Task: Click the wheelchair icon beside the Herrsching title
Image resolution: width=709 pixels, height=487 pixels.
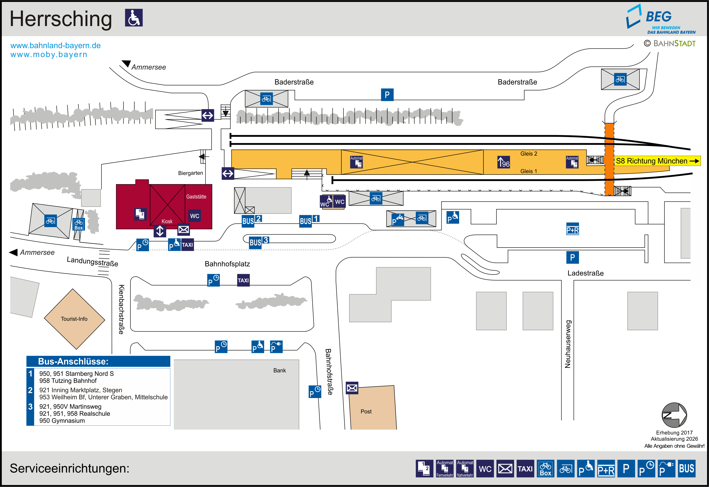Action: tap(134, 18)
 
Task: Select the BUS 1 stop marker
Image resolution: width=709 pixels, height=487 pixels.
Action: tap(309, 220)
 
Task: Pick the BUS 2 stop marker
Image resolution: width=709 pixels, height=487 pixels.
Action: tap(251, 220)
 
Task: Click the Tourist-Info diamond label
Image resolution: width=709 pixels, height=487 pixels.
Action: tap(74, 319)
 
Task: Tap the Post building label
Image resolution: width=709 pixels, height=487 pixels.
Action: tap(366, 411)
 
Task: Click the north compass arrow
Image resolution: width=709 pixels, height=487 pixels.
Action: tap(674, 415)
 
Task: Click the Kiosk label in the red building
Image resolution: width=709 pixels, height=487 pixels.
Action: tap(167, 221)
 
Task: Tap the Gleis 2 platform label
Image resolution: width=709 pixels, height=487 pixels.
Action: tap(528, 153)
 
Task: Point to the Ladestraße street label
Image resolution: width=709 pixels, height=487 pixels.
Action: tap(585, 273)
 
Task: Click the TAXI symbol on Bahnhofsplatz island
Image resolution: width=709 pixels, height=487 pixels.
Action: tap(243, 280)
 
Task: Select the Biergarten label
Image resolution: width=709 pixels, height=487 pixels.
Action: tap(190, 173)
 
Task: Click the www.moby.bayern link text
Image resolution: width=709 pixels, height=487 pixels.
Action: tap(49, 55)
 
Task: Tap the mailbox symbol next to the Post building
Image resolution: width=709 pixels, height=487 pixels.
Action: tap(352, 388)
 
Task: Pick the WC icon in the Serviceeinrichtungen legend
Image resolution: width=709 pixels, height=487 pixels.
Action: tap(485, 468)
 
